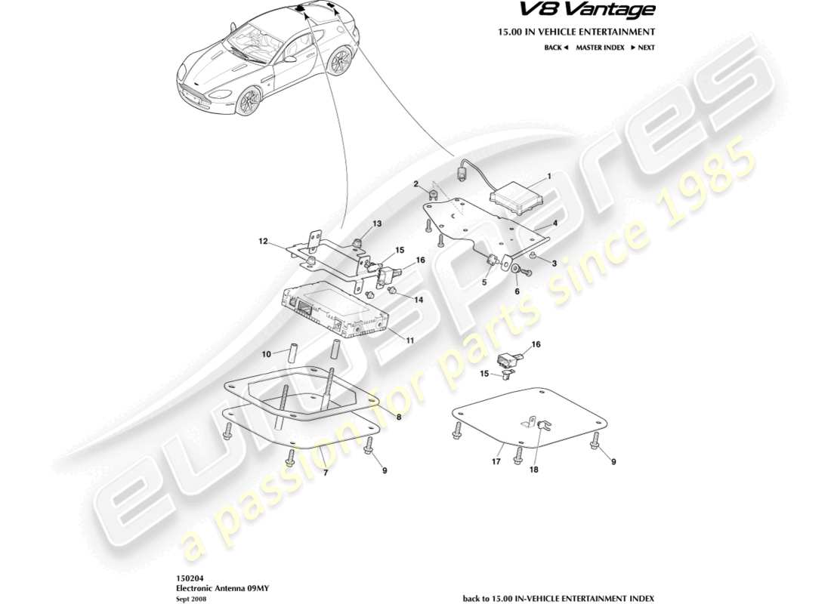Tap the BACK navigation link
pyautogui.click(x=555, y=48)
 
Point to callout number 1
pyautogui.click(x=548, y=175)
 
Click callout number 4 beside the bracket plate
pyautogui.click(x=555, y=224)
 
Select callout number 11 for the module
pyautogui.click(x=409, y=341)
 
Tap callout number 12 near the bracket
pyautogui.click(x=264, y=242)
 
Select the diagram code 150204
pyautogui.click(x=187, y=575)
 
